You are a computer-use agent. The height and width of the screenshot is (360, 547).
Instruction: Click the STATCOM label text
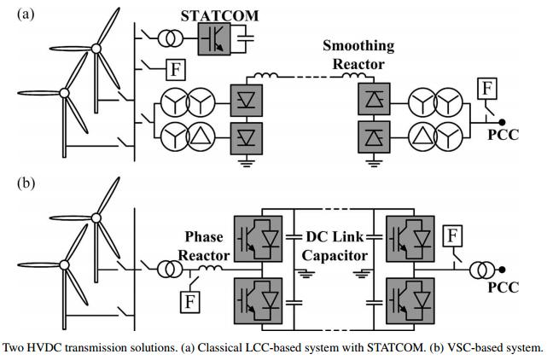220,15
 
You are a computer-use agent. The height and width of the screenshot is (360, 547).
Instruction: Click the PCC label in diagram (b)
503,288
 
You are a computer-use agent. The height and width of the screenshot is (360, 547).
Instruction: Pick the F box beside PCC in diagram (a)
486,86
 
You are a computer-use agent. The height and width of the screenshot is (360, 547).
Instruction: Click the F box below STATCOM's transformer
173,67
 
